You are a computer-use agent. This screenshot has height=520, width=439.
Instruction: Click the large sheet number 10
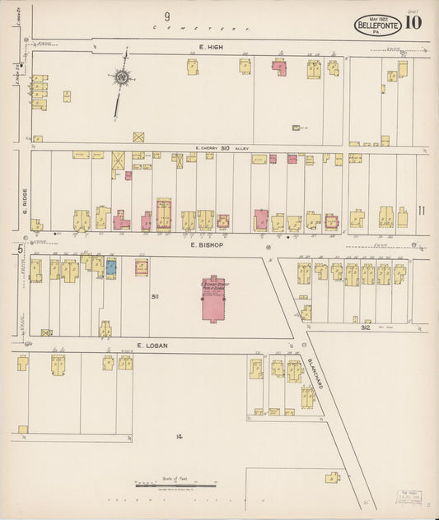(x=413, y=22)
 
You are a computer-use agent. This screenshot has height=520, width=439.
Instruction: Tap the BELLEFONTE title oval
(x=379, y=26)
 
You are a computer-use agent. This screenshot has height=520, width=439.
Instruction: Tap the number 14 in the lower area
(x=178, y=435)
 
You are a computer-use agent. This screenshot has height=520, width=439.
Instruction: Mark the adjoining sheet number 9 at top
(x=166, y=16)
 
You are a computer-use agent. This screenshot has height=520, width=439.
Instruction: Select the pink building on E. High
(x=280, y=67)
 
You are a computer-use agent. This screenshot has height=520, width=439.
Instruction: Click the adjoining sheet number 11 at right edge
(x=421, y=211)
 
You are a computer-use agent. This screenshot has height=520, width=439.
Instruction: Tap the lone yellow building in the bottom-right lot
(x=333, y=477)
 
